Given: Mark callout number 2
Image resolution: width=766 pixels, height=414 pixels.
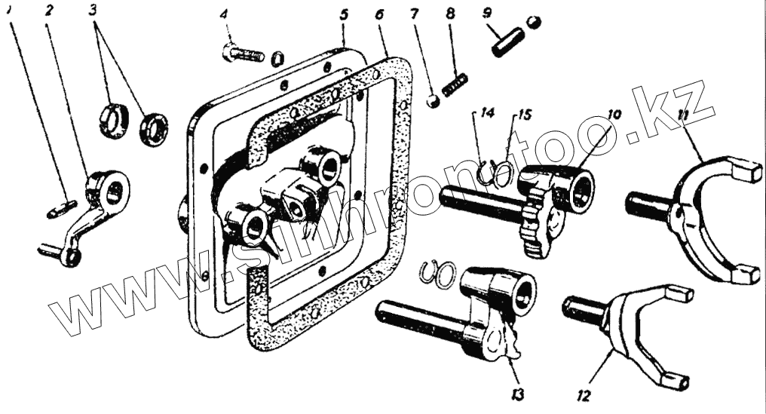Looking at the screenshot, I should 49,11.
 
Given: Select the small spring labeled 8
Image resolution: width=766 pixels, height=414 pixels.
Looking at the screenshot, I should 455,83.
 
